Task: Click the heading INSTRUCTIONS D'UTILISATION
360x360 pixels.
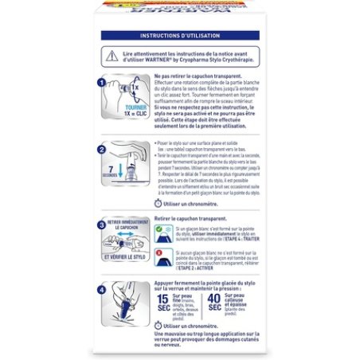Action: coord(179,36)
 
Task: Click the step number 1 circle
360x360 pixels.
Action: coord(101,82)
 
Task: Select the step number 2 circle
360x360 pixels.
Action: coord(101,149)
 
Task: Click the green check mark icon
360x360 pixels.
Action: coord(158,229)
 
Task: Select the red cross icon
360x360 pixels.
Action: coord(158,253)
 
